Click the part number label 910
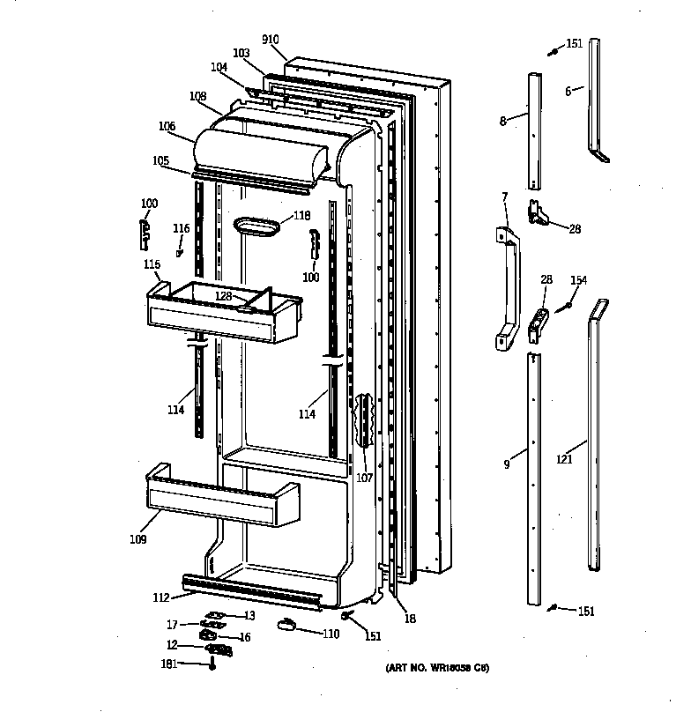(x=271, y=40)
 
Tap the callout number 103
(x=241, y=53)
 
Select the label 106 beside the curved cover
(x=167, y=125)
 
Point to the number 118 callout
(x=302, y=215)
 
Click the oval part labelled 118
(x=256, y=226)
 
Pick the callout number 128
(x=223, y=296)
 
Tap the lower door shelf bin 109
(x=220, y=499)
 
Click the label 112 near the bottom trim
(x=160, y=597)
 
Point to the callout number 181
(x=167, y=664)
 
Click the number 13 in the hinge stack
(x=249, y=615)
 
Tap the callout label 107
(x=364, y=478)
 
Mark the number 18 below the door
(x=411, y=619)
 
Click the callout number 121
(x=564, y=457)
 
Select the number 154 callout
(x=578, y=280)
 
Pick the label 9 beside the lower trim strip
(x=507, y=464)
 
